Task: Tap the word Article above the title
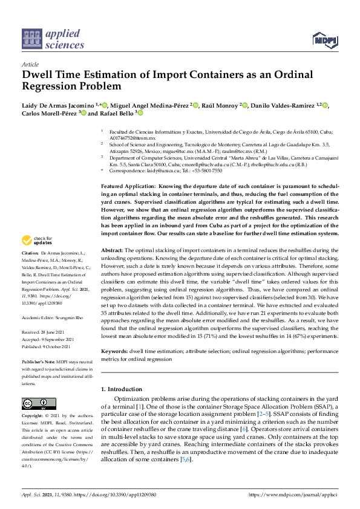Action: click(30, 64)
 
